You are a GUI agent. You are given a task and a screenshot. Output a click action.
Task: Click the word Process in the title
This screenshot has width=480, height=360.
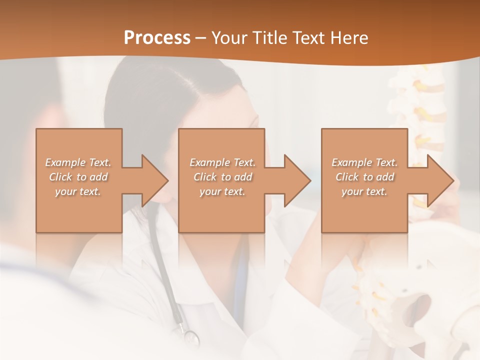point(157,38)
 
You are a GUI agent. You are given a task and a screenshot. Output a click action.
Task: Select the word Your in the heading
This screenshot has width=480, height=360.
point(229,38)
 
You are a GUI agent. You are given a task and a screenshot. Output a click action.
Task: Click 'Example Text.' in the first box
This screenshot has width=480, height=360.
point(78,162)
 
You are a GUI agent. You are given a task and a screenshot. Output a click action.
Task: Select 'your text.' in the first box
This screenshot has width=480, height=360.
point(78,191)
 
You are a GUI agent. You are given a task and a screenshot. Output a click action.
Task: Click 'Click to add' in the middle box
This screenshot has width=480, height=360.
point(222,177)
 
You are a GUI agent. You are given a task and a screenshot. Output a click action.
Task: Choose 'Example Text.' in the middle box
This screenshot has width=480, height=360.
point(222,162)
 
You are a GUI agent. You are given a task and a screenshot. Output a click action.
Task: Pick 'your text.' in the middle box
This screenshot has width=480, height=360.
point(222,191)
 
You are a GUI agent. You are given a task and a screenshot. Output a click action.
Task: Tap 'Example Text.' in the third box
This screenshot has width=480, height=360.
point(364,162)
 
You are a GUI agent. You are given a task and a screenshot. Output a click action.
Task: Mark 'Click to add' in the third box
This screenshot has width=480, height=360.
point(364,177)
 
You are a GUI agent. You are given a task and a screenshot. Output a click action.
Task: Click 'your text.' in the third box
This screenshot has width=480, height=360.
point(364,191)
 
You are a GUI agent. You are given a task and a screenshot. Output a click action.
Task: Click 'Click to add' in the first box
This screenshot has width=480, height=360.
point(78,177)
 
